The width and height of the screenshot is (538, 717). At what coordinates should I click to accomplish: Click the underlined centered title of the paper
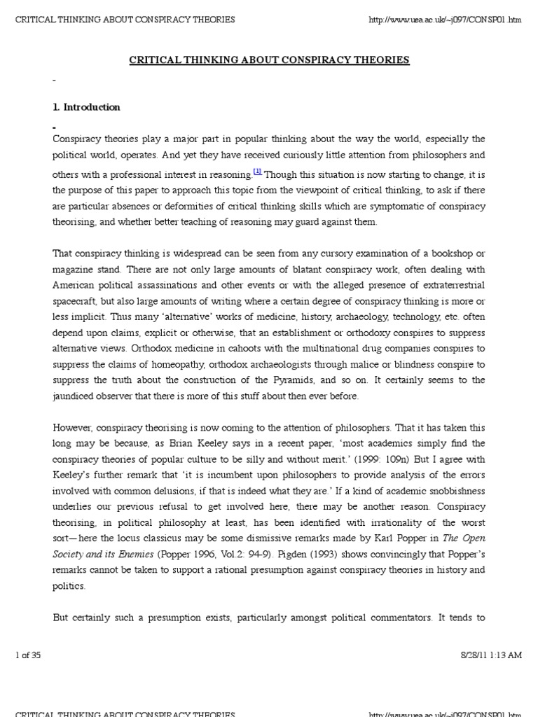click(269, 60)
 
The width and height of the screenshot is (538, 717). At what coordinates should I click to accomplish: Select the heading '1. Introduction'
click(86, 107)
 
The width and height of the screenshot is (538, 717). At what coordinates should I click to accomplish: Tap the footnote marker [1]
click(257, 171)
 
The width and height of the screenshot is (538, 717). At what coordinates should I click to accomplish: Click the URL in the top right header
click(445, 18)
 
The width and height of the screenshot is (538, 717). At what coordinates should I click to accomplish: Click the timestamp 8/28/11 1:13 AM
click(488, 655)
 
